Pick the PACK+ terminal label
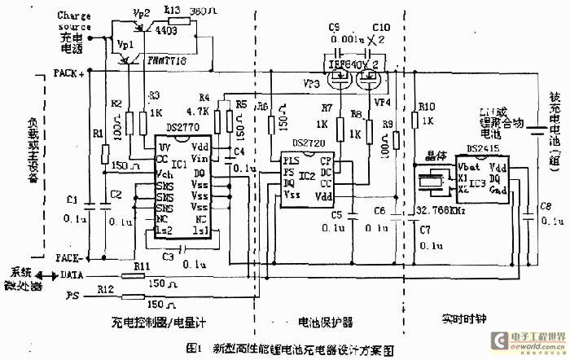pos(68,72)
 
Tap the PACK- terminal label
pos(68,257)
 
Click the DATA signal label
pos(72,275)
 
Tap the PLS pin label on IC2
pos(290,162)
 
